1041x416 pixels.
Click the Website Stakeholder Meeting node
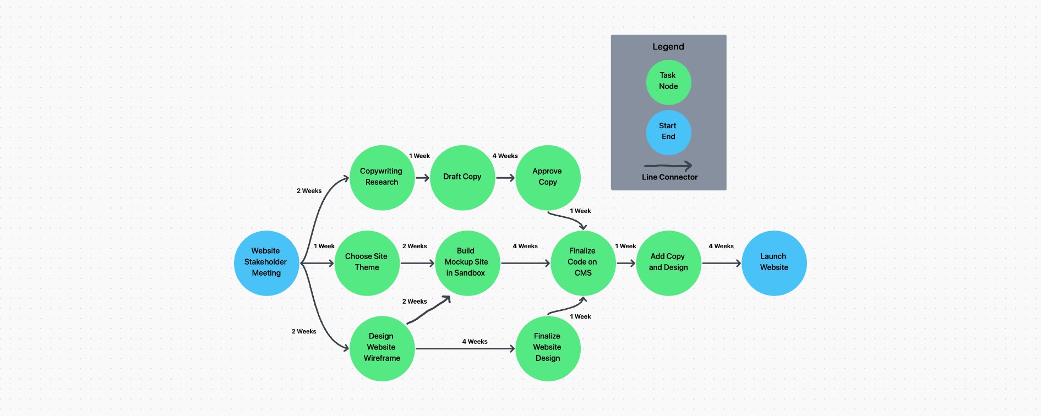click(266, 263)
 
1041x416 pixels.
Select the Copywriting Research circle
click(382, 177)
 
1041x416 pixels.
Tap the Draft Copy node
click(462, 177)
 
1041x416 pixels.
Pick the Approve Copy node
click(548, 177)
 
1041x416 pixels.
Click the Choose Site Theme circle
click(367, 263)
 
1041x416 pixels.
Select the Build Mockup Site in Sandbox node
click(467, 263)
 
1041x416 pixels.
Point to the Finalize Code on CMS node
click(583, 263)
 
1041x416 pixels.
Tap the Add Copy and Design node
click(668, 263)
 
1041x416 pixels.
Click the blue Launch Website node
click(774, 263)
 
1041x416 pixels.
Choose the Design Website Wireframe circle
click(382, 348)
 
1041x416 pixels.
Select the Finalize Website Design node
click(548, 348)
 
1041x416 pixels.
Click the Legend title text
click(668, 47)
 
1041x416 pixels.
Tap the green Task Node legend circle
click(668, 82)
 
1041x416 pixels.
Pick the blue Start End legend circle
click(668, 132)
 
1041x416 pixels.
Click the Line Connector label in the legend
click(669, 177)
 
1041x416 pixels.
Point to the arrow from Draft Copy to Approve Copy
click(505, 178)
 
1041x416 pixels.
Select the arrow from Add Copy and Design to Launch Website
click(721, 264)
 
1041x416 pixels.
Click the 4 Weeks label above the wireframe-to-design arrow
click(475, 342)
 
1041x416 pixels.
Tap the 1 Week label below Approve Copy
click(580, 211)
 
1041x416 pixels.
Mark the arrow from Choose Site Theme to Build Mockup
click(417, 264)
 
